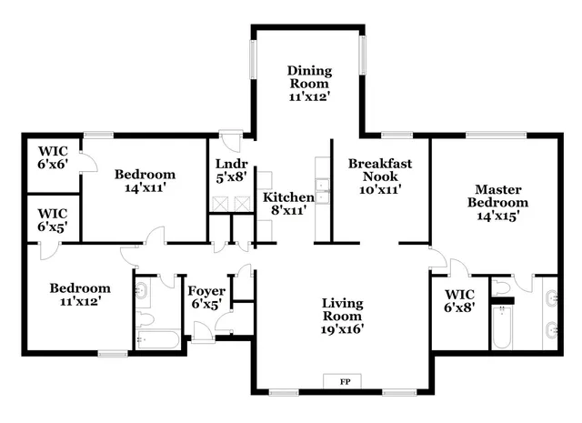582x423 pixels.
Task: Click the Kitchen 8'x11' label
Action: [288, 203]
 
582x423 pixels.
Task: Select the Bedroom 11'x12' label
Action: [79, 294]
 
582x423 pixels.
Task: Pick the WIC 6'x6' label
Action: [51, 156]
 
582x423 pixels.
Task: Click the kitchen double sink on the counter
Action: [321, 196]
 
